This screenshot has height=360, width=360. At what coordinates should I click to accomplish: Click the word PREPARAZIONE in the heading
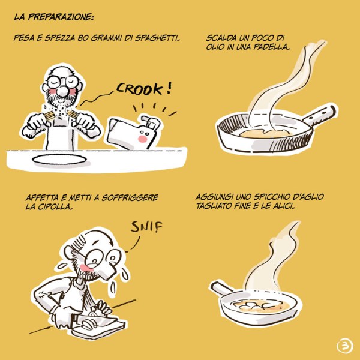[61, 17]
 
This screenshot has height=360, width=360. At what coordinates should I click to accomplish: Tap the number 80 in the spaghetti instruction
[82, 38]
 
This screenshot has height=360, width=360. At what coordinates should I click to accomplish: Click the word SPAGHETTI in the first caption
[157, 38]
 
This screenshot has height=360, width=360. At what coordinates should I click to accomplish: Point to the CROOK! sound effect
[144, 89]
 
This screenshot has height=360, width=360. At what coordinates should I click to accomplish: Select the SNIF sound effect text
[146, 227]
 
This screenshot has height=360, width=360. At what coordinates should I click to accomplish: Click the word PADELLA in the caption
[271, 47]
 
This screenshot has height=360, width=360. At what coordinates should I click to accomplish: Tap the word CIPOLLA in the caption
[55, 206]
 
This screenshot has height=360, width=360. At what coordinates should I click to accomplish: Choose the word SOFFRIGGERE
[130, 197]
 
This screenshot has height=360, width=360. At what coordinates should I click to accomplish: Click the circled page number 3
[345, 346]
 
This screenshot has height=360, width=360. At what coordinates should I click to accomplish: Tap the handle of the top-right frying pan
[320, 115]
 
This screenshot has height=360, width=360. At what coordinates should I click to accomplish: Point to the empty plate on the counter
[59, 159]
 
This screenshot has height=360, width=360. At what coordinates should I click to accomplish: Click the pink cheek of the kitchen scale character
[143, 139]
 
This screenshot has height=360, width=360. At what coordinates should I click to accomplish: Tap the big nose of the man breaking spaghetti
[62, 91]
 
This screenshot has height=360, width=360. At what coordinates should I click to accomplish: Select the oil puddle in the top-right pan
[265, 133]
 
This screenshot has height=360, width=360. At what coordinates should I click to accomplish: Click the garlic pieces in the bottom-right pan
[257, 305]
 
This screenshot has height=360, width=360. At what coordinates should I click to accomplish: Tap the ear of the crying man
[69, 252]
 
